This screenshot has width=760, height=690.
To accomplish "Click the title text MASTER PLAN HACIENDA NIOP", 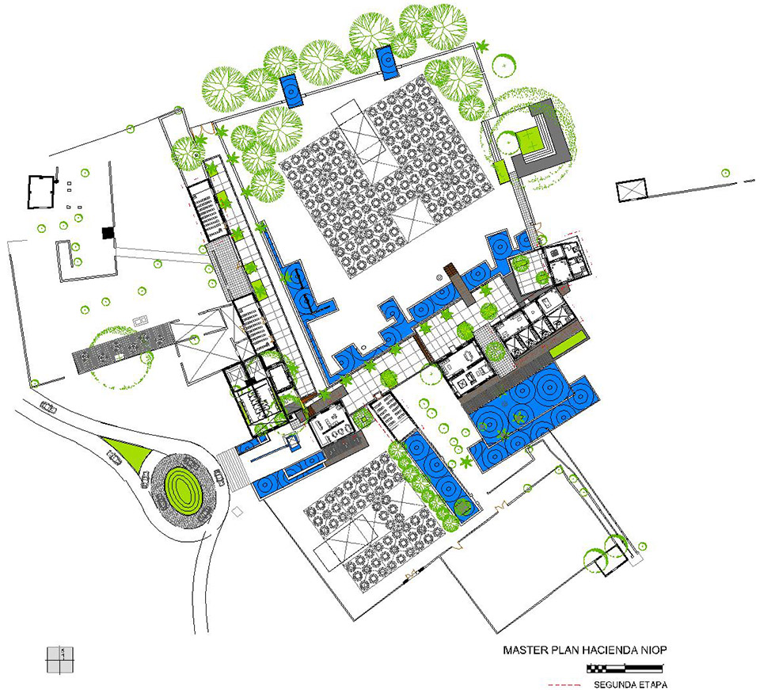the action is (x=584, y=650).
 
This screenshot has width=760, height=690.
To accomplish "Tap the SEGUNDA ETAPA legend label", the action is (x=630, y=684).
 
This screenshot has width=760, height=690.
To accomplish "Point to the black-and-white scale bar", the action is (x=625, y=669).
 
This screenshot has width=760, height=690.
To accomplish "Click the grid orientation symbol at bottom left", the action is (x=60, y=660).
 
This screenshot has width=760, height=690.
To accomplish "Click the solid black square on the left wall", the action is (x=108, y=233).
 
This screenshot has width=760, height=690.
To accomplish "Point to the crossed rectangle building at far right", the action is (x=632, y=190).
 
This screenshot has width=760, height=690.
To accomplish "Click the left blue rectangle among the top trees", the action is (x=292, y=90).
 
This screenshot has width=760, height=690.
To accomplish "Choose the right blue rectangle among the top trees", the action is (x=387, y=62).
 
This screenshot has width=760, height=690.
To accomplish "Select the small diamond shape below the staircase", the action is (x=237, y=512).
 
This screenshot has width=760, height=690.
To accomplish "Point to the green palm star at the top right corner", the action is (x=482, y=47).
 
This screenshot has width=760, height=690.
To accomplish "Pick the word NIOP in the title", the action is (x=654, y=650).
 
